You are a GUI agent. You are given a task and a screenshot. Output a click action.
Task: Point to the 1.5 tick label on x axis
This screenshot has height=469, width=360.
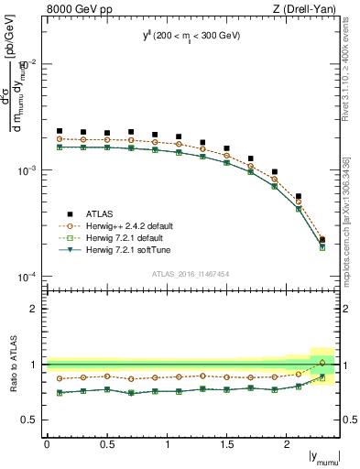(x=227, y=443)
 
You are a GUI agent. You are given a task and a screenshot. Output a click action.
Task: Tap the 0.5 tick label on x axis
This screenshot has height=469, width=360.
(x=106, y=443)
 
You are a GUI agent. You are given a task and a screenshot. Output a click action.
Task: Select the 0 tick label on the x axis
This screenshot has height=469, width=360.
(x=47, y=443)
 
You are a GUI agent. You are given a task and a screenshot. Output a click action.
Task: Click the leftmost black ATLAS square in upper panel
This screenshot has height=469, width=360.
(x=60, y=131)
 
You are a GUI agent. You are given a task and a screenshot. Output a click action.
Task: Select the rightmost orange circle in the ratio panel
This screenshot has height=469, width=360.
(x=322, y=363)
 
